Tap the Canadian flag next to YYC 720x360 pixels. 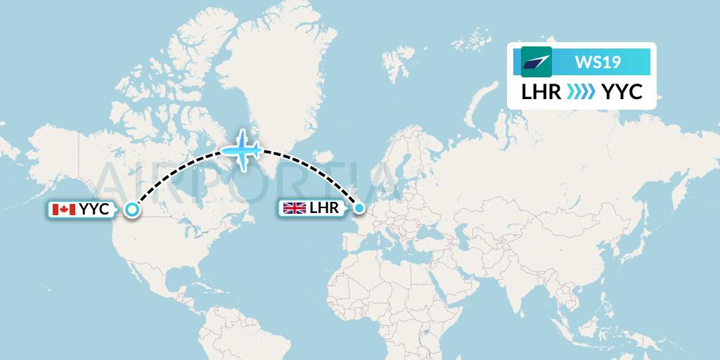tap(64, 209)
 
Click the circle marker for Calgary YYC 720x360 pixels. tap(131, 209)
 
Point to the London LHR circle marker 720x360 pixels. tap(359, 207)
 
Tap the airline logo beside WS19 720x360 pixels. tap(536, 62)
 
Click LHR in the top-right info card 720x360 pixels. tap(541, 91)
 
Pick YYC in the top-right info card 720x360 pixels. tap(622, 91)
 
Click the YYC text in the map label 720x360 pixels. tap(94, 209)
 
